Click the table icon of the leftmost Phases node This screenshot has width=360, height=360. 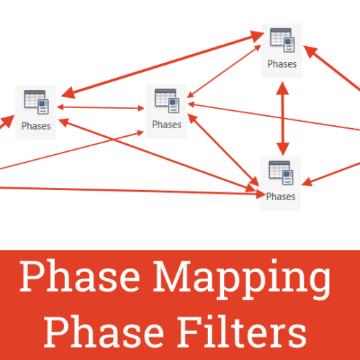[36, 102]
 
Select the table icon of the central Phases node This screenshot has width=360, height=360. [167, 101]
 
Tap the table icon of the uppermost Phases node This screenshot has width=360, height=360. [282, 40]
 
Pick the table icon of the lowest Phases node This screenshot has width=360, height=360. [281, 173]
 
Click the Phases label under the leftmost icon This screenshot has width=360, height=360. [36, 126]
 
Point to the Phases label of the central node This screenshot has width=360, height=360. [167, 125]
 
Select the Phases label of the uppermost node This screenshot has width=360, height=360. [282, 64]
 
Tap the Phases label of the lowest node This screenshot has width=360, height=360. [281, 197]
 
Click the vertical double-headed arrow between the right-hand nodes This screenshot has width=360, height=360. [283, 119]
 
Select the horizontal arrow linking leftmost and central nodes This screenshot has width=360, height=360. [101, 108]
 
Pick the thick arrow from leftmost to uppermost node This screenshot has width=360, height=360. [163, 64]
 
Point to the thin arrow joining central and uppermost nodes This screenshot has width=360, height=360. [224, 71]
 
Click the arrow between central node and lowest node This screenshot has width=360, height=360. [223, 150]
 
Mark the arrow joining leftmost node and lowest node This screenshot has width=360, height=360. [156, 156]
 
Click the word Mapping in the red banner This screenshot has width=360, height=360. [242, 279]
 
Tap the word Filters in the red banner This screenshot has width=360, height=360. [242, 332]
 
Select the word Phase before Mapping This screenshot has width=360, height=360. [80, 276]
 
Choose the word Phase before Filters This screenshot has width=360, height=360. [104, 332]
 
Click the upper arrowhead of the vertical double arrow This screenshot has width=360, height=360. [282, 89]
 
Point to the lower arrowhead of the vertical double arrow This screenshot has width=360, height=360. [283, 149]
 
